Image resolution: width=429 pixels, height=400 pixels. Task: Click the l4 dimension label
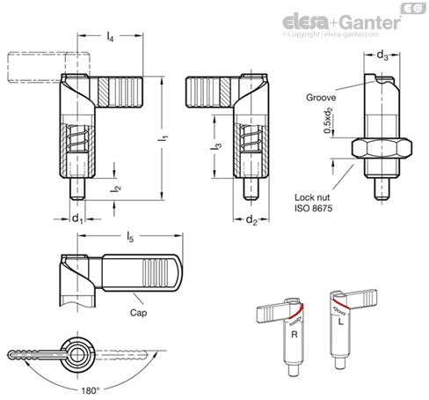(110, 36)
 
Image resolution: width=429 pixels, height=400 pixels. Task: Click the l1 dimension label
(163, 138)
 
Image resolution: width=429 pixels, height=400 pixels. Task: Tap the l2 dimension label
(115, 189)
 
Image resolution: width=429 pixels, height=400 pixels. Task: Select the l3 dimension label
(216, 146)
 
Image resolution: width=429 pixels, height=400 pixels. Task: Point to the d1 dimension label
(77, 219)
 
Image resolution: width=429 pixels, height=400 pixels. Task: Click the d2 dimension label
(251, 219)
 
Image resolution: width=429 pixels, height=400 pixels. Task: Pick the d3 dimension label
(382, 55)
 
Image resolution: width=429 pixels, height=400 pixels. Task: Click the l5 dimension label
(130, 237)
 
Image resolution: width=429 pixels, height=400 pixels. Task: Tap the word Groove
(321, 98)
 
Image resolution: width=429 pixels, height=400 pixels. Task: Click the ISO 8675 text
(313, 208)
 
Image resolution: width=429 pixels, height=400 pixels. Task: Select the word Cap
(138, 313)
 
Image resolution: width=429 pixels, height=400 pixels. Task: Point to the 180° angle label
(90, 390)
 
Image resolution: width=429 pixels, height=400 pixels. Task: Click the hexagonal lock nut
(382, 148)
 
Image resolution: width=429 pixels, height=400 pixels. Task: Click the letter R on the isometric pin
(294, 335)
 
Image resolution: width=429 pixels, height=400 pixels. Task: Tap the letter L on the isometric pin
(340, 322)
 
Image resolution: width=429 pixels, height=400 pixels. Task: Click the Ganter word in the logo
(371, 22)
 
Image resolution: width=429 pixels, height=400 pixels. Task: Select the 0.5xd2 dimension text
(329, 121)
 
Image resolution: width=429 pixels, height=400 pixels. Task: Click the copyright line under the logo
(331, 34)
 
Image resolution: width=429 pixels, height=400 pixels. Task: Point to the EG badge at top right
(413, 9)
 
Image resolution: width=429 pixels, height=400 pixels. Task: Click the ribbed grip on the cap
(156, 272)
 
